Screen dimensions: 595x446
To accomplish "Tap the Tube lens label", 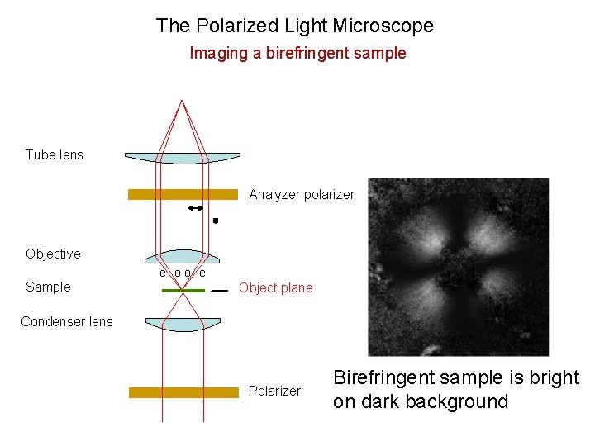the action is pyautogui.click(x=55, y=154).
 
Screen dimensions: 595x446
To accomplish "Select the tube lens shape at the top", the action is pyautogui.click(x=182, y=157).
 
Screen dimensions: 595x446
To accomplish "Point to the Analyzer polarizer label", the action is pyautogui.click(x=302, y=195).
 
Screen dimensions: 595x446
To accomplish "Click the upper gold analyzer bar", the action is pyautogui.click(x=183, y=195).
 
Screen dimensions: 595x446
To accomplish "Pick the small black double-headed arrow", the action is pyautogui.click(x=196, y=209).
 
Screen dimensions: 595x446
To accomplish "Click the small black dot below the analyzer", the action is pyautogui.click(x=216, y=221).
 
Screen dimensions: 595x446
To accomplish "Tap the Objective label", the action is pyautogui.click(x=53, y=254).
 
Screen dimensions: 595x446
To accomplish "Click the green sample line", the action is pyautogui.click(x=183, y=291).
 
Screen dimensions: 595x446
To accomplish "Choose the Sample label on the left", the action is pyautogui.click(x=48, y=287).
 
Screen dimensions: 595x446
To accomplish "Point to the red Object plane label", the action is pyautogui.click(x=276, y=288).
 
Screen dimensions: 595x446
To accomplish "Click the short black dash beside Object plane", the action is pyautogui.click(x=220, y=291).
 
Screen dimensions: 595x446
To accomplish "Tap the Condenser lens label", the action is pyautogui.click(x=67, y=321).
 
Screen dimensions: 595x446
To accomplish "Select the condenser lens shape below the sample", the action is pyautogui.click(x=183, y=324).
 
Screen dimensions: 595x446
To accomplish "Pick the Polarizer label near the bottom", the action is pyautogui.click(x=274, y=391).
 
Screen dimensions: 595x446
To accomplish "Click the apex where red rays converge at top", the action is pyautogui.click(x=182, y=100).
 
